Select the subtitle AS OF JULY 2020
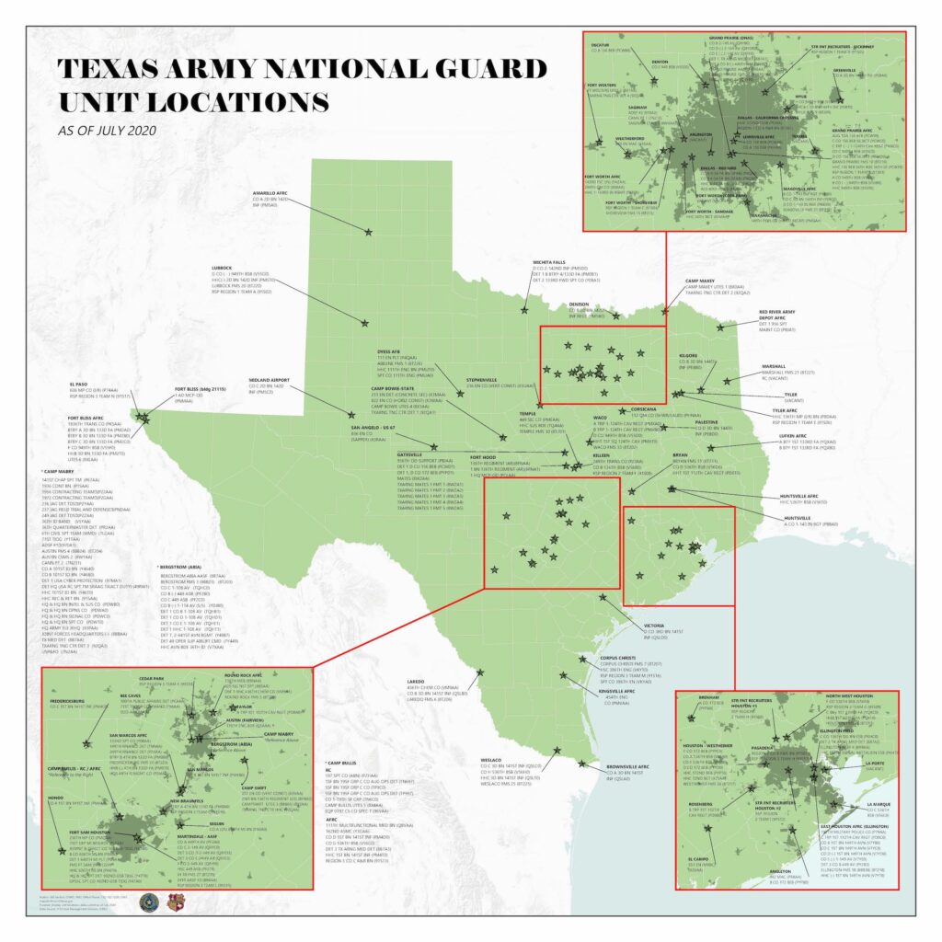[x=105, y=131]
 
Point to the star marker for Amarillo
[x=370, y=231]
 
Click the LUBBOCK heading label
[x=226, y=268]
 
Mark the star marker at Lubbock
[x=366, y=323]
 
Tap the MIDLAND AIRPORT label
[x=269, y=380]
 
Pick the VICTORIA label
[x=656, y=626]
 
